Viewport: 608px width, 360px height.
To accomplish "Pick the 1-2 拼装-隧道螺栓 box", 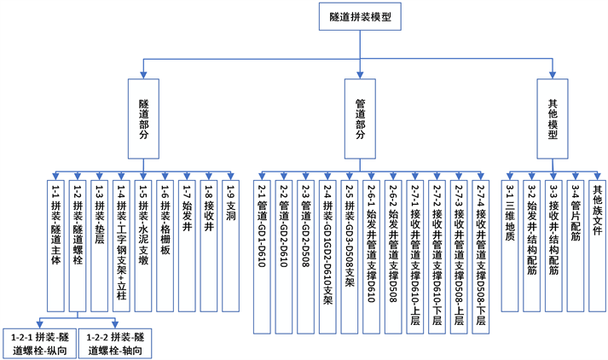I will tap(77, 244).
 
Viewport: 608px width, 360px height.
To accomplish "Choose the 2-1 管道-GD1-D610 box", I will tap(262, 256).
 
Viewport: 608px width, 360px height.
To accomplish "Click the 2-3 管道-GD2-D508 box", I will tap(305, 256).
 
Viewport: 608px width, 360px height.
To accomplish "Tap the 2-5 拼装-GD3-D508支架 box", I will tap(349, 256).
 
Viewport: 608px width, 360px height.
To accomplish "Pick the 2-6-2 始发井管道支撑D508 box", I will tap(392, 256).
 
